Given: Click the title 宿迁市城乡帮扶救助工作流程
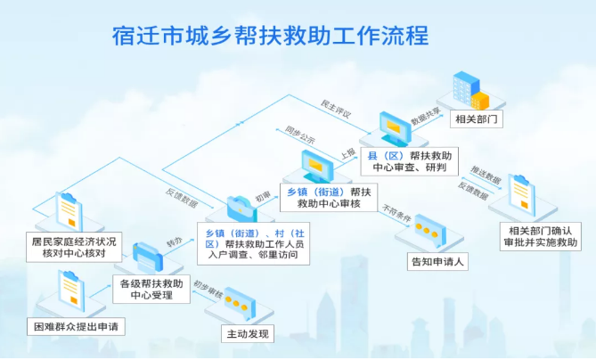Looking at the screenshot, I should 270,36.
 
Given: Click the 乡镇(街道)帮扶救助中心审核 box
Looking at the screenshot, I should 328,198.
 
